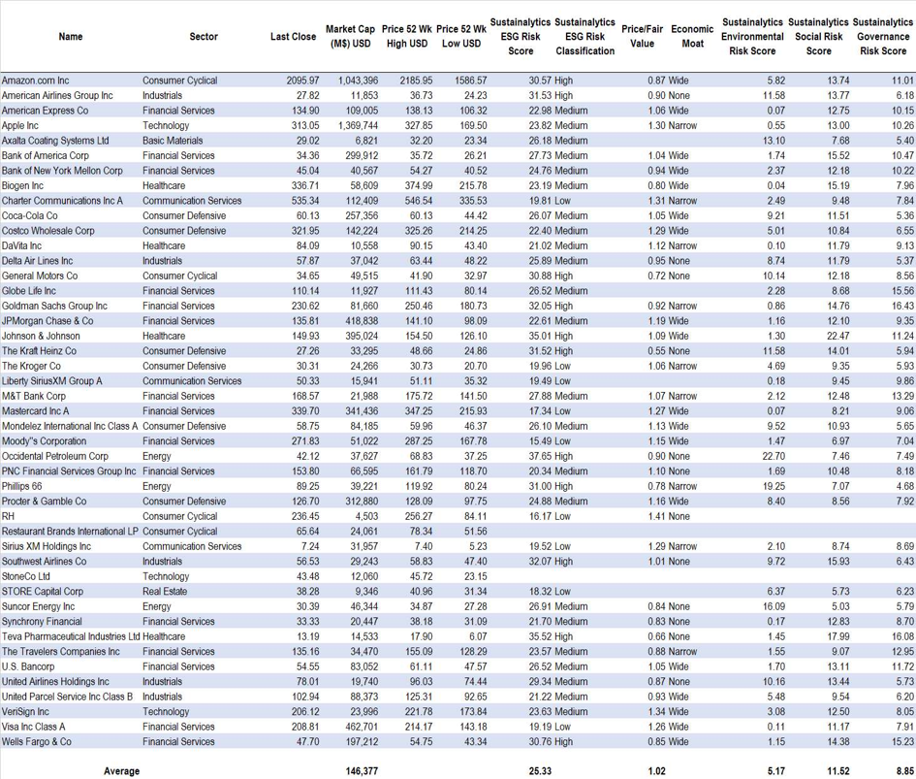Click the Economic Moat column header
(691, 37)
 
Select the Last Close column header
(293, 37)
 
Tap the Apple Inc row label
(20, 125)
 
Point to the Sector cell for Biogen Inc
(163, 185)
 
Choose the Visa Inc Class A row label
(34, 727)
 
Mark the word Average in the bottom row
(121, 771)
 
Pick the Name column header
(71, 37)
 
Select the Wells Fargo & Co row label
(37, 742)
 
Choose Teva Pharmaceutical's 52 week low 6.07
(475, 636)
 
